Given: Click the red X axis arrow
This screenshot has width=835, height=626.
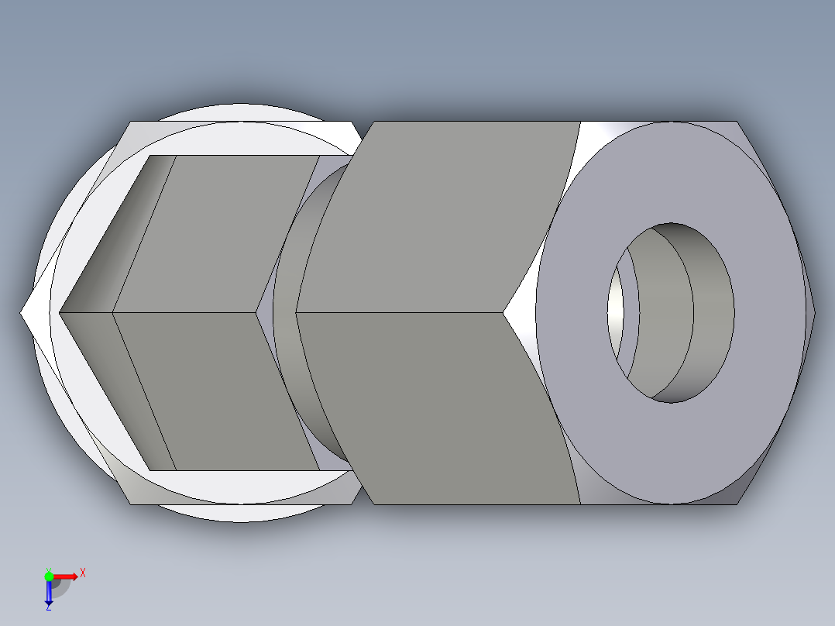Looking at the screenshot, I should (x=66, y=576).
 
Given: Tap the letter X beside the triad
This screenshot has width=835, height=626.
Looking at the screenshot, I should (x=82, y=573).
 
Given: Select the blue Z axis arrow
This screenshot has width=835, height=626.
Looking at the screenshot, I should (x=48, y=593).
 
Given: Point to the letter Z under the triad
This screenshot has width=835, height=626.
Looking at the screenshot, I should (x=48, y=607).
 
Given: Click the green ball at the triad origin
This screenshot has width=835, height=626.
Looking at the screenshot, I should (x=49, y=576).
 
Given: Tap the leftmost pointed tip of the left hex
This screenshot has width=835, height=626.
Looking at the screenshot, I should (x=22, y=313).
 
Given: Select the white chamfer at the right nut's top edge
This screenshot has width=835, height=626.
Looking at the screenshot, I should (x=604, y=143).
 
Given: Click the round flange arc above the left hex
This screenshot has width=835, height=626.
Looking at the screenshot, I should (x=240, y=112).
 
